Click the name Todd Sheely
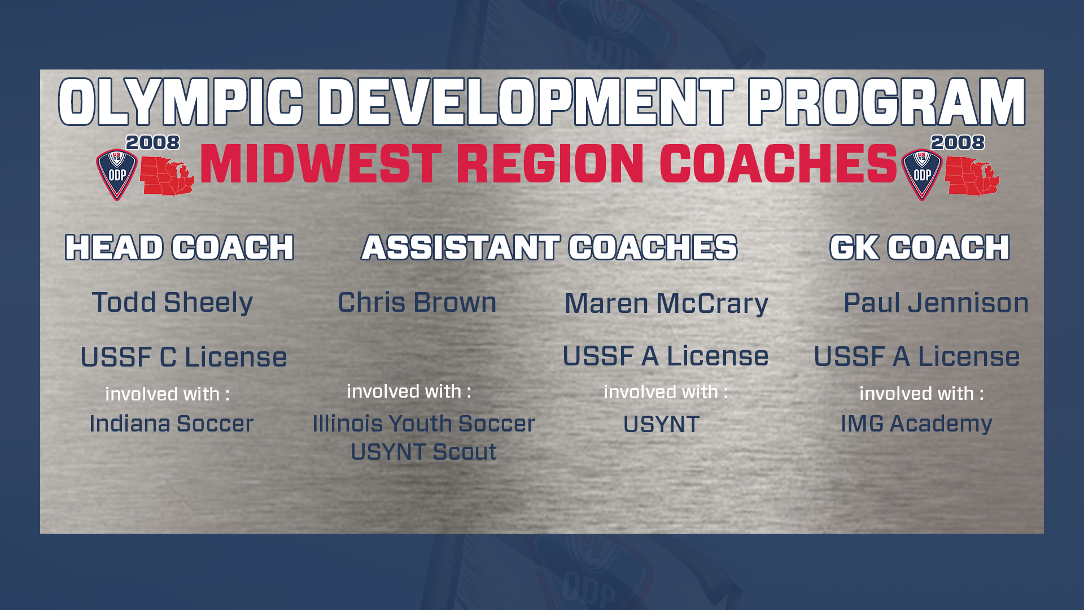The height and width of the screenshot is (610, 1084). pyautogui.click(x=172, y=303)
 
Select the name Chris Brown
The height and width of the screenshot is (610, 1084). pyautogui.click(x=417, y=303)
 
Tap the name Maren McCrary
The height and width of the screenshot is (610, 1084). pyautogui.click(x=666, y=304)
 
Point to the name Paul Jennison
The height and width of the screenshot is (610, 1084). pyautogui.click(x=936, y=303)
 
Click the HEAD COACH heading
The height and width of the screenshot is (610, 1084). pyautogui.click(x=180, y=247)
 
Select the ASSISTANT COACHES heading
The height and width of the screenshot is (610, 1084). pyautogui.click(x=549, y=247)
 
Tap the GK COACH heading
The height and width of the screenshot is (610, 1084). pyautogui.click(x=920, y=247)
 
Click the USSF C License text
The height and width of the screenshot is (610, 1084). pyautogui.click(x=183, y=357)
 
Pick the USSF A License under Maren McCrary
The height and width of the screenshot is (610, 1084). pyautogui.click(x=666, y=356)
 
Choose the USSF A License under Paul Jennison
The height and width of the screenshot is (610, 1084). pyautogui.click(x=917, y=356)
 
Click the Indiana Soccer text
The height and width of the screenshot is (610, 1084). pyautogui.click(x=172, y=424)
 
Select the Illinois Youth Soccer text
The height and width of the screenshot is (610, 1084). pyautogui.click(x=423, y=424)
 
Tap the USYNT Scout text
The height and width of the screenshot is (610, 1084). pyautogui.click(x=423, y=452)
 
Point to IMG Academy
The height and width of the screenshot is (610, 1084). pyautogui.click(x=916, y=424)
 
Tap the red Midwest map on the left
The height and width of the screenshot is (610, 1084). pyautogui.click(x=167, y=176)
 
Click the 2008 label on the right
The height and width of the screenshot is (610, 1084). pyautogui.click(x=958, y=142)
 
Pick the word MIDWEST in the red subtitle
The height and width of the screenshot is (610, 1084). pyautogui.click(x=321, y=164)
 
